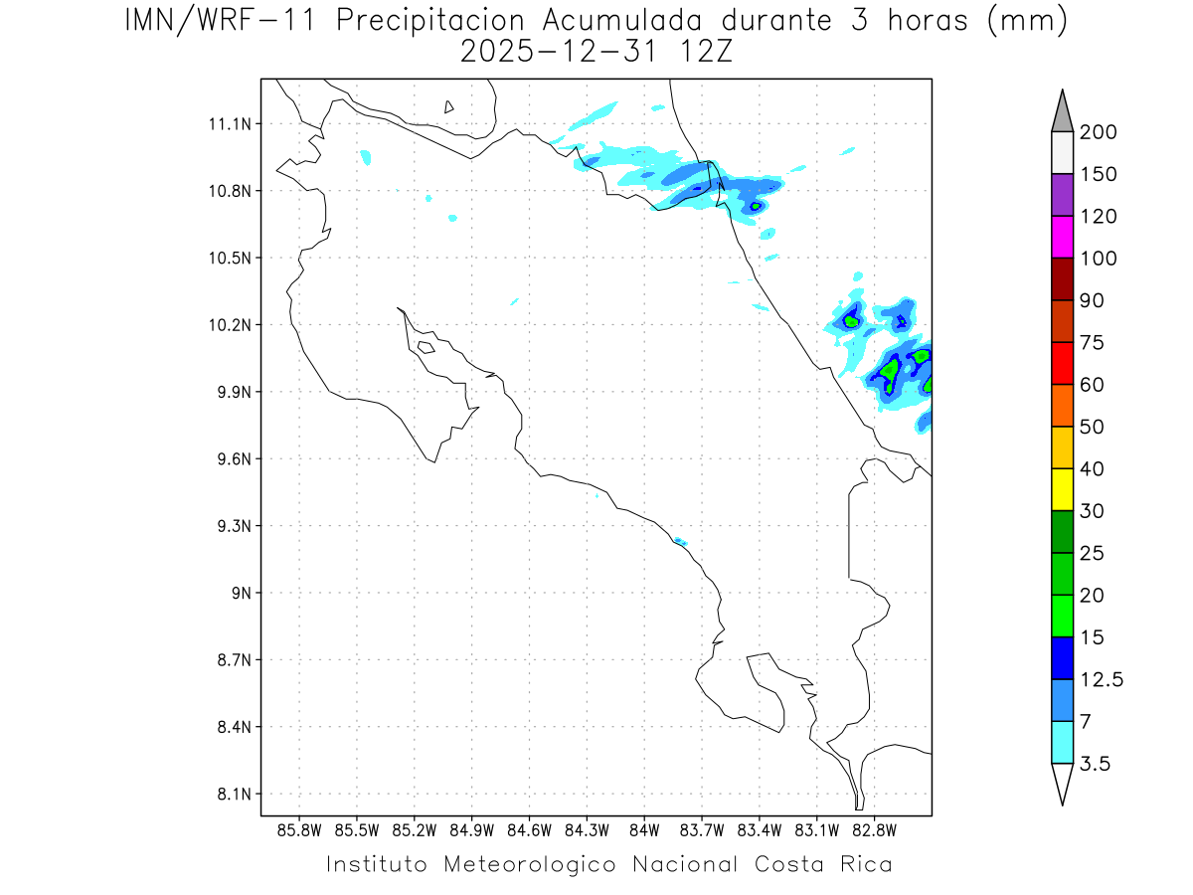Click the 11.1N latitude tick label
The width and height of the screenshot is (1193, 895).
[x=231, y=124]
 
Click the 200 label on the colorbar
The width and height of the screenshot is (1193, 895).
[x=1098, y=132]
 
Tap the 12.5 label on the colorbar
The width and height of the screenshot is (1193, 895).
[x=1102, y=679]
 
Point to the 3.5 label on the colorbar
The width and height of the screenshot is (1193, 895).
[x=1097, y=764]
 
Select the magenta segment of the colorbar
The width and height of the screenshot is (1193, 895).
[x=1062, y=238]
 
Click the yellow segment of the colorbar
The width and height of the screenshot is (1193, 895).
[x=1062, y=489]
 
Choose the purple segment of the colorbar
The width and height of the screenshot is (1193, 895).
[x=1062, y=195]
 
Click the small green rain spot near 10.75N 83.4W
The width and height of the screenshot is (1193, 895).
[x=756, y=207]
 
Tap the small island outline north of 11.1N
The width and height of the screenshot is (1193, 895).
[x=449, y=106]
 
